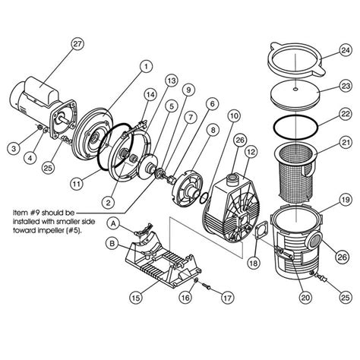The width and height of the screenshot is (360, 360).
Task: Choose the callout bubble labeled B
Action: [112, 245]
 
